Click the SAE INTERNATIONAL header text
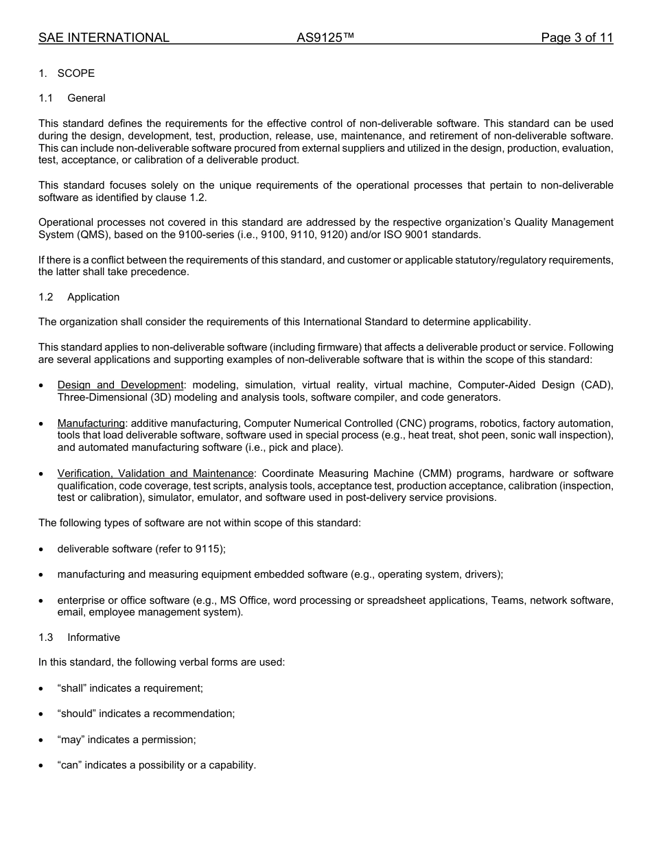[104, 38]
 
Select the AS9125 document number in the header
[325, 38]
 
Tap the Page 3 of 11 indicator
[577, 38]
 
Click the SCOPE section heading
[76, 73]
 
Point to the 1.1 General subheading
[86, 98]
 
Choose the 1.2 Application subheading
[93, 297]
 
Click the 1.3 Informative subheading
[93, 637]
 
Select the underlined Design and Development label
[121, 385]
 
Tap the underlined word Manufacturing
[91, 423]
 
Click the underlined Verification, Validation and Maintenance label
[156, 473]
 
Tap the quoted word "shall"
[72, 688]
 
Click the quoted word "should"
[77, 714]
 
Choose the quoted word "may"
[71, 740]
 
